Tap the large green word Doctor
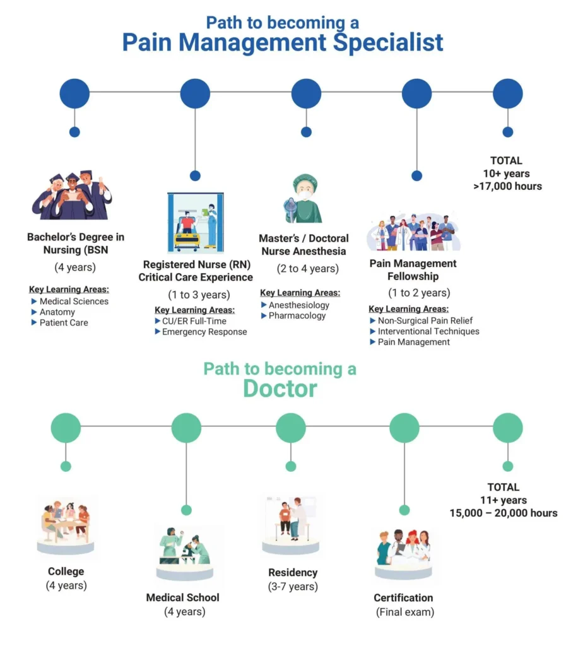coord(280,389)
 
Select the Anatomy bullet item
coord(57,312)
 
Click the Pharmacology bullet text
coord(297,315)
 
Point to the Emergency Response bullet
coord(204,332)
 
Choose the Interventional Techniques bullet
coord(428,331)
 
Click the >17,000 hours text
coord(507,186)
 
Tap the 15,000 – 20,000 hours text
coord(504,513)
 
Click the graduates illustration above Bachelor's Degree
coord(72,196)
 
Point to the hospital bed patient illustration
coord(196,222)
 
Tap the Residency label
coord(293,573)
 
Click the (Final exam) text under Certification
coord(405,612)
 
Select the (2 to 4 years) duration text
coord(308,269)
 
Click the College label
coord(66,572)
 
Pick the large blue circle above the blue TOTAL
coord(508,93)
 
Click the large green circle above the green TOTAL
coord(508,428)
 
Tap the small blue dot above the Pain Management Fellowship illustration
coord(417,176)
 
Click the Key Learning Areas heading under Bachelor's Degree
coord(69,290)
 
